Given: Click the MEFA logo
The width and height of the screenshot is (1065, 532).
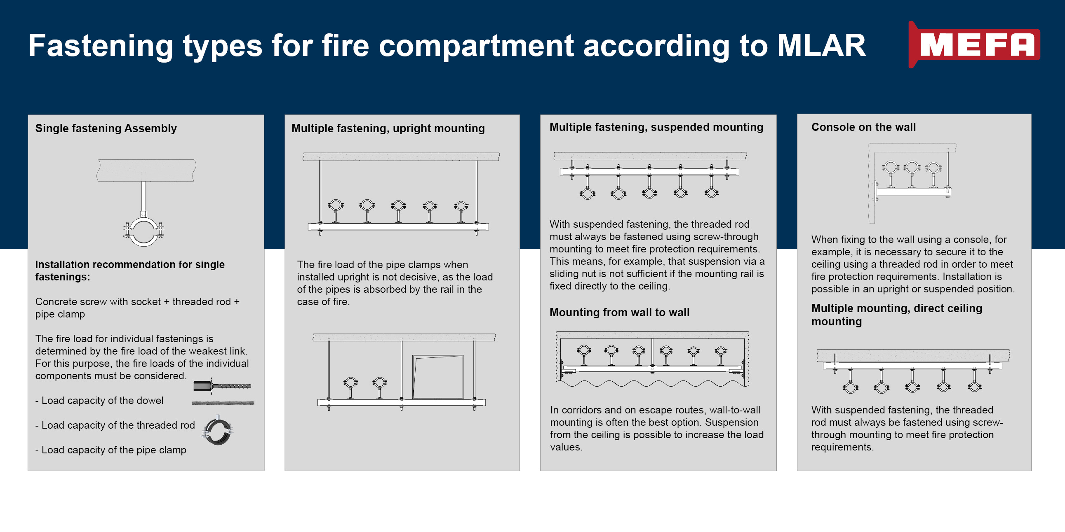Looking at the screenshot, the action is (x=974, y=44).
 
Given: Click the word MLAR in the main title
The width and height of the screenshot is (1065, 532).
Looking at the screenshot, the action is (x=821, y=45).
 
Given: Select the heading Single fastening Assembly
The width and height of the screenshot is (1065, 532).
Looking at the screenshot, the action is (x=106, y=128).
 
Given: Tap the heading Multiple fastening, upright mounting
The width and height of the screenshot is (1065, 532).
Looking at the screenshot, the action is (x=388, y=128).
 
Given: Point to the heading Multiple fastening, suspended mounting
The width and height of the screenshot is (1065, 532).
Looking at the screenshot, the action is (x=656, y=127).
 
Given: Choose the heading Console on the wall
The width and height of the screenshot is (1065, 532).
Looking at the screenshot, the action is (x=863, y=127).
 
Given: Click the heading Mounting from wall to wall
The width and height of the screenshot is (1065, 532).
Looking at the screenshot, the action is (x=619, y=312).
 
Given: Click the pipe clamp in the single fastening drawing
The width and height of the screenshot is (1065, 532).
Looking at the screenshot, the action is (x=143, y=231).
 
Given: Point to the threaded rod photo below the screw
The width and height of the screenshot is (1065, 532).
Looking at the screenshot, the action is (x=223, y=403).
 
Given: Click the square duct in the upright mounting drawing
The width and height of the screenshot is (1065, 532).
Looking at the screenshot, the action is (x=438, y=377).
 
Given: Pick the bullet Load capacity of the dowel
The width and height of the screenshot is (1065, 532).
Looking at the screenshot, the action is (x=99, y=401).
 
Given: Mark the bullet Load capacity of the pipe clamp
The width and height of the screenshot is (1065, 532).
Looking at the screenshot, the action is (x=111, y=450).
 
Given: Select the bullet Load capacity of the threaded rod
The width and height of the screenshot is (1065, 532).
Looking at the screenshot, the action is (x=115, y=425).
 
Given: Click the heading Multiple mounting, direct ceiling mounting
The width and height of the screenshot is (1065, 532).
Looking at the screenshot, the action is (x=896, y=315).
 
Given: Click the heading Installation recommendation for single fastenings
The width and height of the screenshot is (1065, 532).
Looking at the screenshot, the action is (x=130, y=271).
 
